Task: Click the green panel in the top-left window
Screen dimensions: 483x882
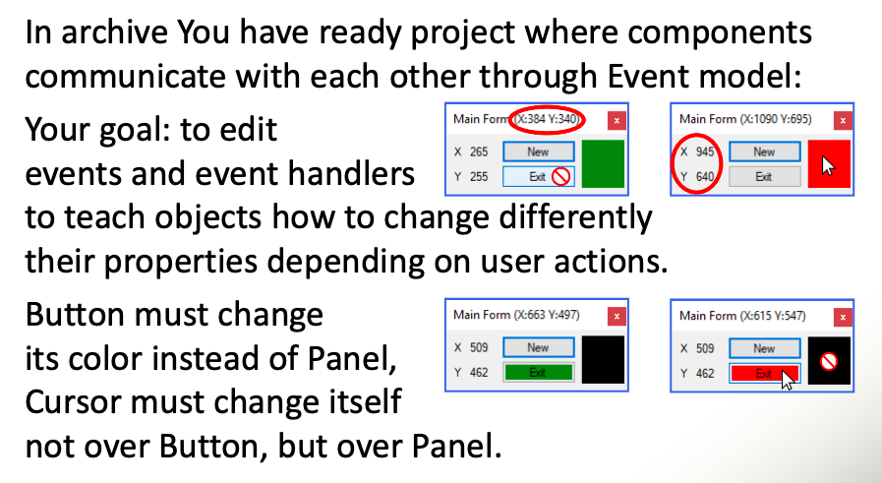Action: [x=603, y=163]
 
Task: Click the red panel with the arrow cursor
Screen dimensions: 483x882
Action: [x=828, y=163]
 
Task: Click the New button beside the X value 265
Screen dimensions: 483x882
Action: [x=538, y=152]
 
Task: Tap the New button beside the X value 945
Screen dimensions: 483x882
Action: [x=764, y=152]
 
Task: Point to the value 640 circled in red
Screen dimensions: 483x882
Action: [x=704, y=177]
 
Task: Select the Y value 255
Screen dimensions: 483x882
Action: [x=479, y=177]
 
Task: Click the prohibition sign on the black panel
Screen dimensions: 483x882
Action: [x=828, y=362]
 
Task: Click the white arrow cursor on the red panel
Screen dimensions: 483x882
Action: [x=828, y=166]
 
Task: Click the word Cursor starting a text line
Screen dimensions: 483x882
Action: [x=82, y=403]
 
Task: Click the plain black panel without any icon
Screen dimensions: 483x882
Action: [x=603, y=360]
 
